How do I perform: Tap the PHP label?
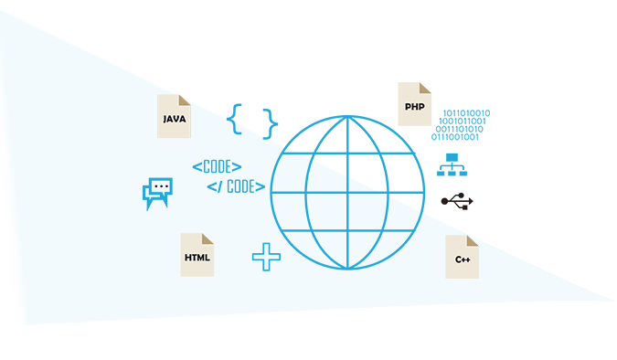(x=414, y=107)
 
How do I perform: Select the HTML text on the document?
(x=197, y=258)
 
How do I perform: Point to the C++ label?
(x=463, y=260)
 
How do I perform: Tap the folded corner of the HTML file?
(x=207, y=239)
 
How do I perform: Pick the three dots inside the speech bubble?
(x=162, y=185)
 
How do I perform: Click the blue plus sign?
(x=266, y=257)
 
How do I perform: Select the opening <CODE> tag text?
(x=217, y=167)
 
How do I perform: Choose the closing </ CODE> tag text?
(x=236, y=186)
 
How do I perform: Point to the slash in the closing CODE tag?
(x=219, y=186)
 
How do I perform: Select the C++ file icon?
(x=462, y=257)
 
